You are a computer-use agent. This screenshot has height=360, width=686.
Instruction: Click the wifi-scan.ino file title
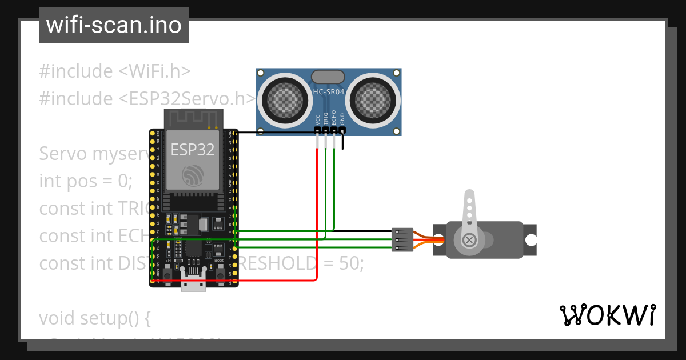[113, 25]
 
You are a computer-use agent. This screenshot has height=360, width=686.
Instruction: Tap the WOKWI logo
[607, 315]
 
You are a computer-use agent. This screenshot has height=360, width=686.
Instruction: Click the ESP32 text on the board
[193, 150]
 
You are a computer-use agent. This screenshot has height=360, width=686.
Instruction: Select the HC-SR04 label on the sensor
[328, 92]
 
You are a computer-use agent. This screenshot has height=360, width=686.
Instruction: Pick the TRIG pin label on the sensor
[326, 118]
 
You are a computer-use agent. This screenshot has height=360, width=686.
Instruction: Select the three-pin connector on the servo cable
[402, 240]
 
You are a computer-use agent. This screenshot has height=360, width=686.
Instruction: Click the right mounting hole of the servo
[531, 240]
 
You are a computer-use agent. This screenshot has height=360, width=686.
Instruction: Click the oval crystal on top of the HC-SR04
[328, 77]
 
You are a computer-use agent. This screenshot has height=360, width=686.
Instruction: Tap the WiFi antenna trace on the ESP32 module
[193, 118]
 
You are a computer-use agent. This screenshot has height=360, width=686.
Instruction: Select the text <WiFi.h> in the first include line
[154, 71]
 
